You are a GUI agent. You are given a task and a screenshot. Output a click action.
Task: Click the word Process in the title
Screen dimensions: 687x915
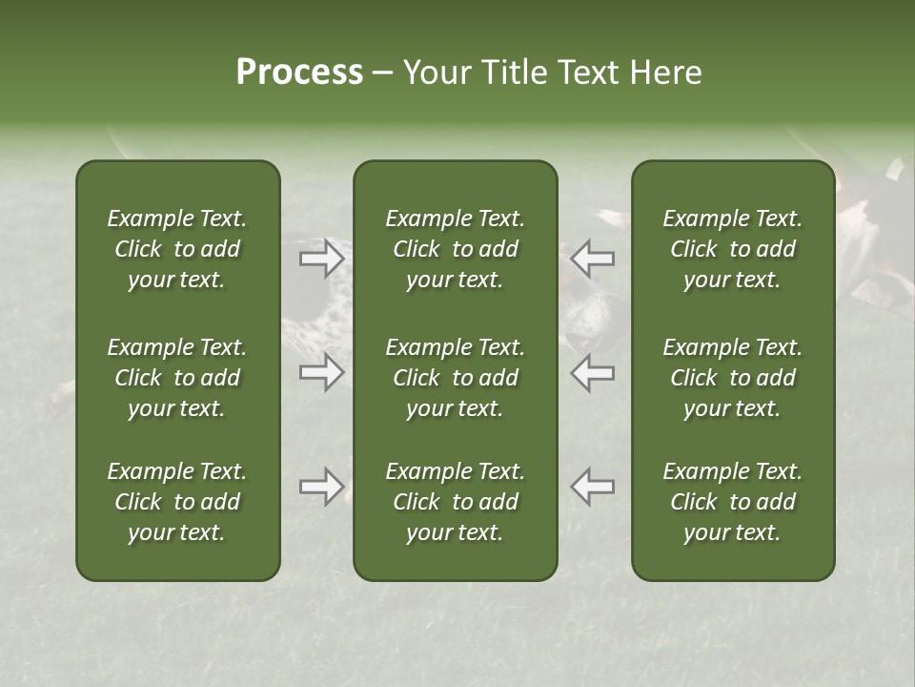coord(299,73)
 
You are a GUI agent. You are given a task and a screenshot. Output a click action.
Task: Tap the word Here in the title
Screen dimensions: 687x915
coord(666,73)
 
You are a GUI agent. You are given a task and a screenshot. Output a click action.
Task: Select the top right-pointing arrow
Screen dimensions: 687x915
coord(322,259)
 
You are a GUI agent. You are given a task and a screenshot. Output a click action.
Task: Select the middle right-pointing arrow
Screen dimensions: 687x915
coord(322,372)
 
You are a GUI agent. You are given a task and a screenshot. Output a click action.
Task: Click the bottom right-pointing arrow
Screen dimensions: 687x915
coord(322,487)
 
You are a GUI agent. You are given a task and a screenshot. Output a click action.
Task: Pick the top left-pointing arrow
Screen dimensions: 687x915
coord(592,259)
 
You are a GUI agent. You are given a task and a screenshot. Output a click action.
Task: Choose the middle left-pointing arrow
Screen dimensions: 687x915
coord(592,372)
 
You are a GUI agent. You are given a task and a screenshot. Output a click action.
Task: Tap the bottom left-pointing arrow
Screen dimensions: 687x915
coord(592,487)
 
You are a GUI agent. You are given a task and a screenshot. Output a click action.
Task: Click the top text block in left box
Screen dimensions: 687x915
coord(177,249)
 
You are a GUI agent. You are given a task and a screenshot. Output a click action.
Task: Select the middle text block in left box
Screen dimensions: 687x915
coord(177,378)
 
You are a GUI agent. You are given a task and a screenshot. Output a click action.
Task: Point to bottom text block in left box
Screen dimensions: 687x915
coord(177,502)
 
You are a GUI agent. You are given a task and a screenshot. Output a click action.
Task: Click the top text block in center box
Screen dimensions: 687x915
coord(455,249)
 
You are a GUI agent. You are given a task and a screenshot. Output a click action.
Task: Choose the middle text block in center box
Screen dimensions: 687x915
coord(455,378)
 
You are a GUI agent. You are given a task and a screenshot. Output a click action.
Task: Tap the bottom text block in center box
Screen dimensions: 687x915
coord(455,502)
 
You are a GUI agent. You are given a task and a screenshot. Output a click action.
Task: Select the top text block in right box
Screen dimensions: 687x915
coord(733,249)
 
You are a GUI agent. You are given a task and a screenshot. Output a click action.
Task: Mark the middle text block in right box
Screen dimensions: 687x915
coord(733,378)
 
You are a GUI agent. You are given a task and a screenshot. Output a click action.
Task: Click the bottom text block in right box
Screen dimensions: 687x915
coord(733,502)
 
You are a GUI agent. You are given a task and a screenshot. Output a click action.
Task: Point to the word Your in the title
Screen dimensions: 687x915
coord(437,73)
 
